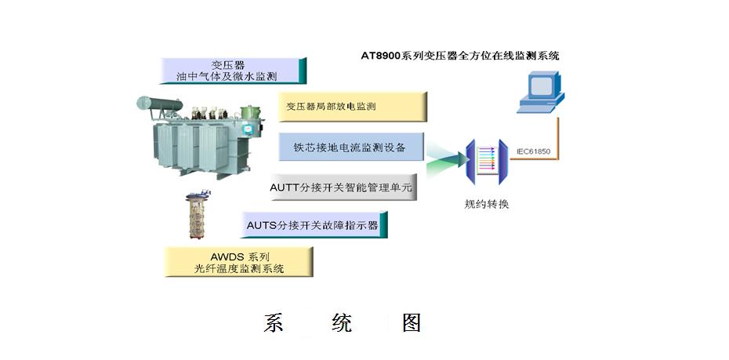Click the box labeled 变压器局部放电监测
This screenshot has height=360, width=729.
pos(352,106)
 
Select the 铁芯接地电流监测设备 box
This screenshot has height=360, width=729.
pos(352,147)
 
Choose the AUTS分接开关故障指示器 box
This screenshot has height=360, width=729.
pos(313,224)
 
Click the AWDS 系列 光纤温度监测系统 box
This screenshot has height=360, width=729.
pos(239,262)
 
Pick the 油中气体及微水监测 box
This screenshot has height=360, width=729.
pos(232,71)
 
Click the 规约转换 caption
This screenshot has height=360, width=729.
pos(487,205)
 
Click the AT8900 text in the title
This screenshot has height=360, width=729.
pos(382,56)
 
